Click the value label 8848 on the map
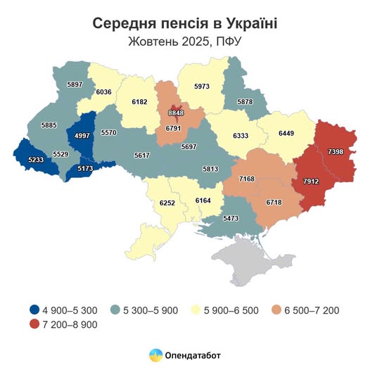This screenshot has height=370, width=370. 176,112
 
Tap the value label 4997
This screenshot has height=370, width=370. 82,136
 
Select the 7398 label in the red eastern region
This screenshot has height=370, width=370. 336,151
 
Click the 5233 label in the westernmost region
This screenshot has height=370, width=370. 36,160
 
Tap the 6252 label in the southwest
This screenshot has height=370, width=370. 169,202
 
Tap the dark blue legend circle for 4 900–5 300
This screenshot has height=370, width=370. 34,310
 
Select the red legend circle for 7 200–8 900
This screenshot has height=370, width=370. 34,324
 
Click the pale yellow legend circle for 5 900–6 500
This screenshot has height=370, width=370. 197,310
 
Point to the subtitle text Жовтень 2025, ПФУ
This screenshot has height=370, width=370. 185,41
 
